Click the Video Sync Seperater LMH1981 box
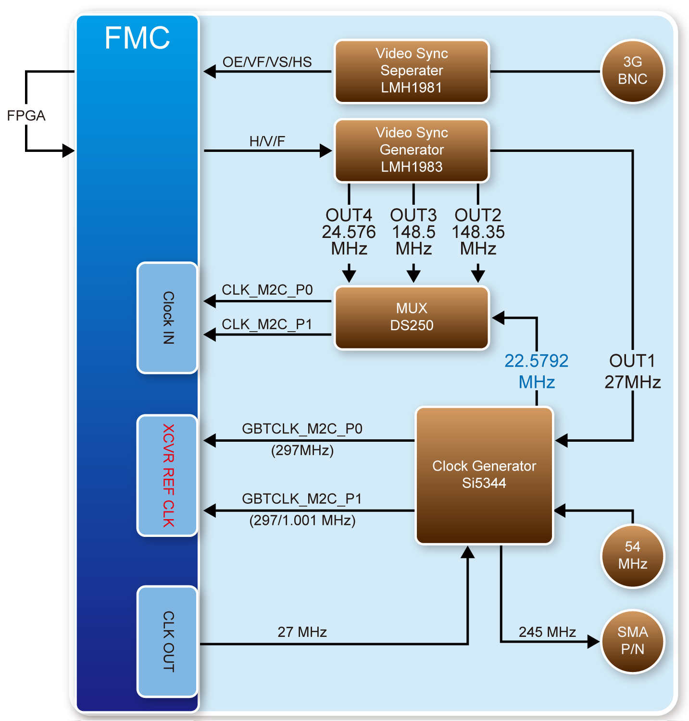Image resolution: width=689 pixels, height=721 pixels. (412, 71)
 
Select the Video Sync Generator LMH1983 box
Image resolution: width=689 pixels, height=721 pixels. (412, 150)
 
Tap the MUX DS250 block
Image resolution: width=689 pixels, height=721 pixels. (412, 317)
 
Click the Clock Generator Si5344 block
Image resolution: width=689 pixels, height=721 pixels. (484, 475)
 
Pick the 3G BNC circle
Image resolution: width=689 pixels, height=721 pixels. (632, 71)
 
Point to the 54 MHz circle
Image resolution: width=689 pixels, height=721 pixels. (632, 556)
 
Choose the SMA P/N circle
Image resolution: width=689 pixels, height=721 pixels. (632, 641)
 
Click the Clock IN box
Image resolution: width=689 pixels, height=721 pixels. (167, 318)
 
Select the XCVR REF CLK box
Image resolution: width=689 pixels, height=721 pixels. (167, 475)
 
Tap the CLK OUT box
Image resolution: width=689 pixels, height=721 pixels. (167, 641)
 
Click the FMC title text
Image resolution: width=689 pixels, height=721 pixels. (137, 38)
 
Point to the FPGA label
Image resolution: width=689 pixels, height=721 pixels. (26, 116)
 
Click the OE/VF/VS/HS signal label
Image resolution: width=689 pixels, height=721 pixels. (267, 62)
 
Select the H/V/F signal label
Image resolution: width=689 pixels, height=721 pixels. (267, 141)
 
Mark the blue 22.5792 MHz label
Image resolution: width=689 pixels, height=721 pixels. (537, 371)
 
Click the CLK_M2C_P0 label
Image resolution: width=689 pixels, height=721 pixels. (267, 290)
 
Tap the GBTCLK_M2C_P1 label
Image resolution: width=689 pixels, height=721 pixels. (301, 499)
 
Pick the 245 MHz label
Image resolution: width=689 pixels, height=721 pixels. (547, 632)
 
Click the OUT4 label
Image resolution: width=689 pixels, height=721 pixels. (349, 215)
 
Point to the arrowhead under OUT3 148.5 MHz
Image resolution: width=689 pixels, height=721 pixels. (413, 275)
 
